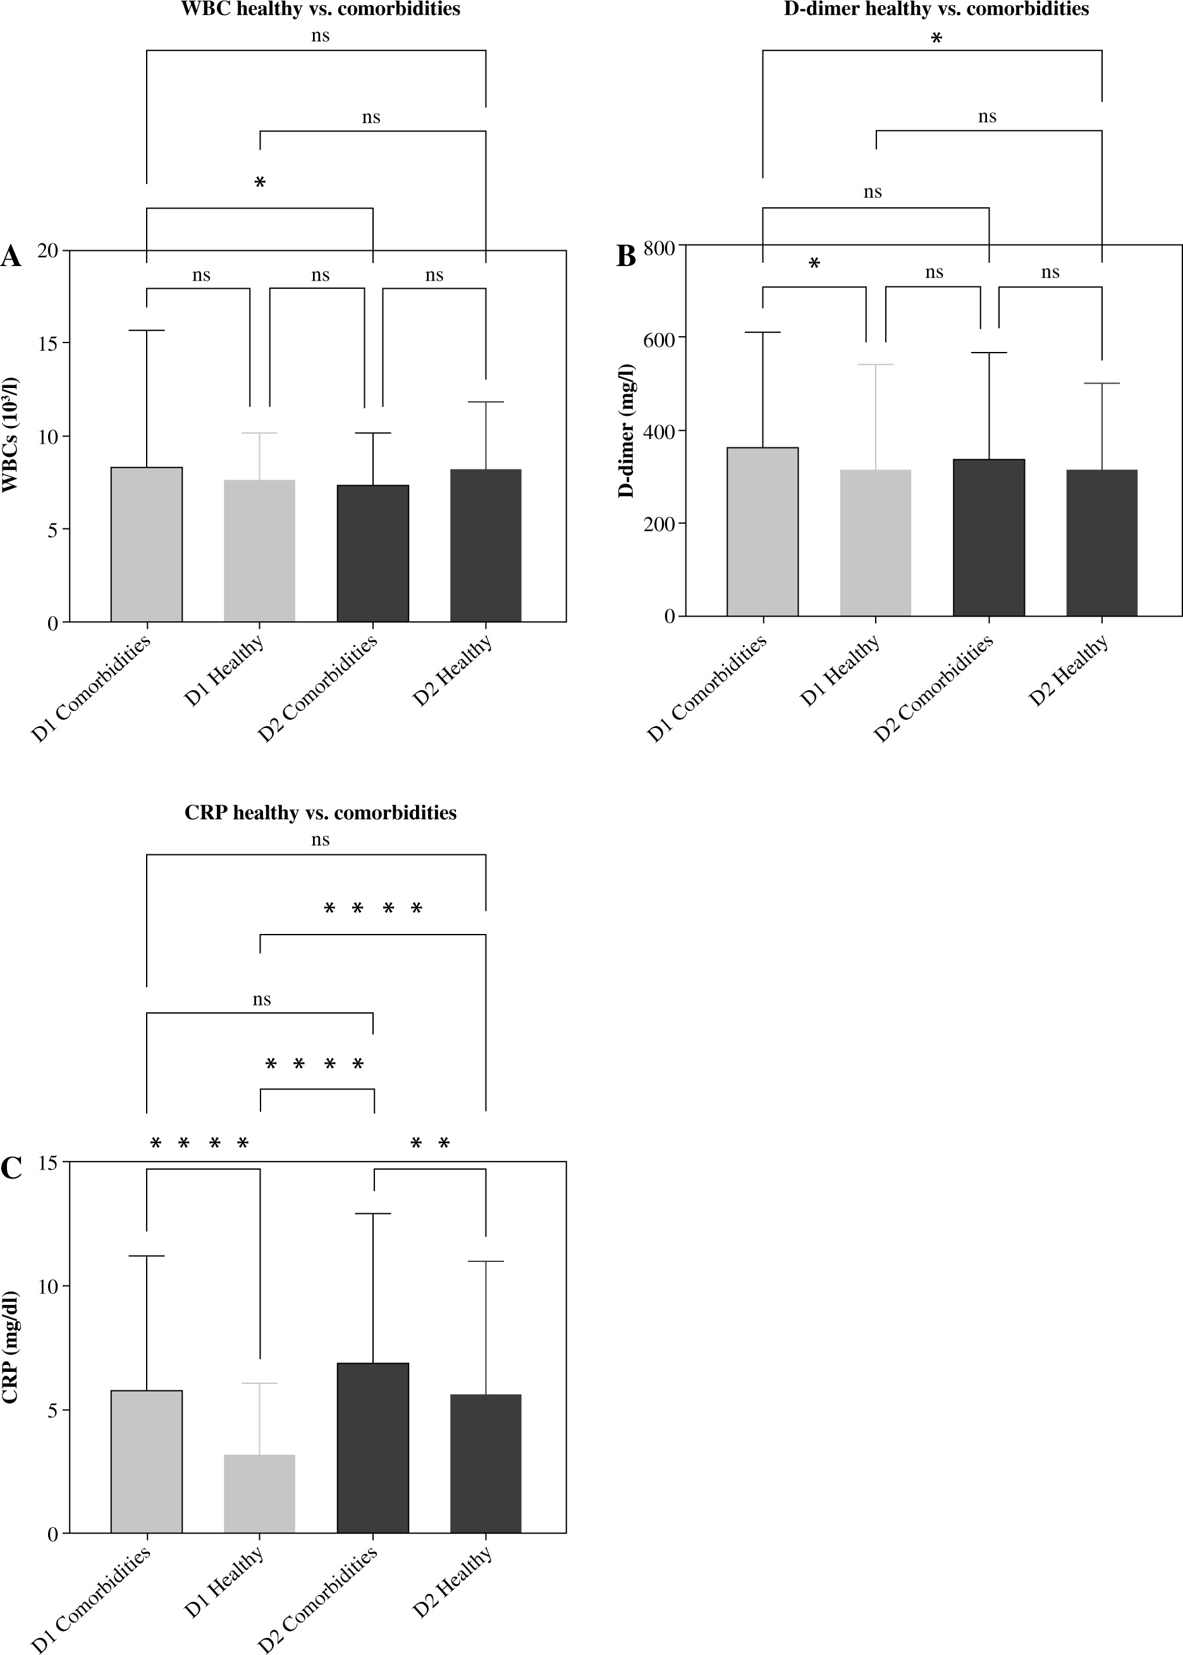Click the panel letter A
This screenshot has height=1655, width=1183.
[11, 257]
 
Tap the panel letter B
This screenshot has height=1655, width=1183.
[626, 257]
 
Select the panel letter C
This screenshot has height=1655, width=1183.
[11, 1168]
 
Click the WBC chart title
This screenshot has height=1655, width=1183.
[321, 9]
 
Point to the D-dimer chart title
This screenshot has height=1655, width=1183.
[936, 9]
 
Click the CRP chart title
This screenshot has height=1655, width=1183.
[321, 813]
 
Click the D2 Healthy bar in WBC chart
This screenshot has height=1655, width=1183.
[486, 546]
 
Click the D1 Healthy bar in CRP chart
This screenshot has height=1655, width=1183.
[259, 1493]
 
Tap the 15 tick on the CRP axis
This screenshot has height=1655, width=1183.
[48, 1163]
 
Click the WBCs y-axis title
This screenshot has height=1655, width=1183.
[10, 435]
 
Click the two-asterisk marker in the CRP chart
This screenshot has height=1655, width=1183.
[430, 1144]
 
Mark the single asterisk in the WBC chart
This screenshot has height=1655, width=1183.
[260, 183]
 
